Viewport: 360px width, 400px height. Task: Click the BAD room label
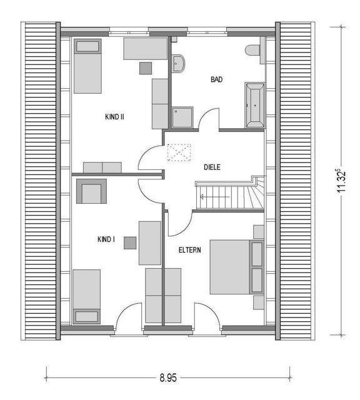(x=216, y=79)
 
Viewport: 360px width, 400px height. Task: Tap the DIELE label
(x=212, y=167)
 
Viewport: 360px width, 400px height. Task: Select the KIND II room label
(x=114, y=117)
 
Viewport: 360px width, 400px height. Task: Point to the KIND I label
(x=106, y=239)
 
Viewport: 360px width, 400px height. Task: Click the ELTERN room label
(x=189, y=250)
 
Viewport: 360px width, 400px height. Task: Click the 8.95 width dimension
(x=168, y=377)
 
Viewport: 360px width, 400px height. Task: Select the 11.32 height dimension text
(x=341, y=181)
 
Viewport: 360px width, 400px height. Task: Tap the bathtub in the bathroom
(x=254, y=105)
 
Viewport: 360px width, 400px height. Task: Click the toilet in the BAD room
(x=252, y=50)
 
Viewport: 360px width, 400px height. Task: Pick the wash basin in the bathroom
(x=177, y=64)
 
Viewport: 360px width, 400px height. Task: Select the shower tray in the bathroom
(x=182, y=117)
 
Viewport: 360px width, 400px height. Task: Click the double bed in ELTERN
(x=236, y=267)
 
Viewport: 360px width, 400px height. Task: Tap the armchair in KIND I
(x=91, y=191)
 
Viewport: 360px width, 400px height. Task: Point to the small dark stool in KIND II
(x=146, y=68)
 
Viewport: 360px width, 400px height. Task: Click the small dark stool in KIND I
(x=130, y=243)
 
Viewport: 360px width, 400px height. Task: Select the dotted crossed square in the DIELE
(x=179, y=152)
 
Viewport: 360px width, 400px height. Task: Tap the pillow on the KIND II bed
(x=87, y=46)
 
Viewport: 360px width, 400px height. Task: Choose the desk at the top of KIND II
(x=146, y=49)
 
